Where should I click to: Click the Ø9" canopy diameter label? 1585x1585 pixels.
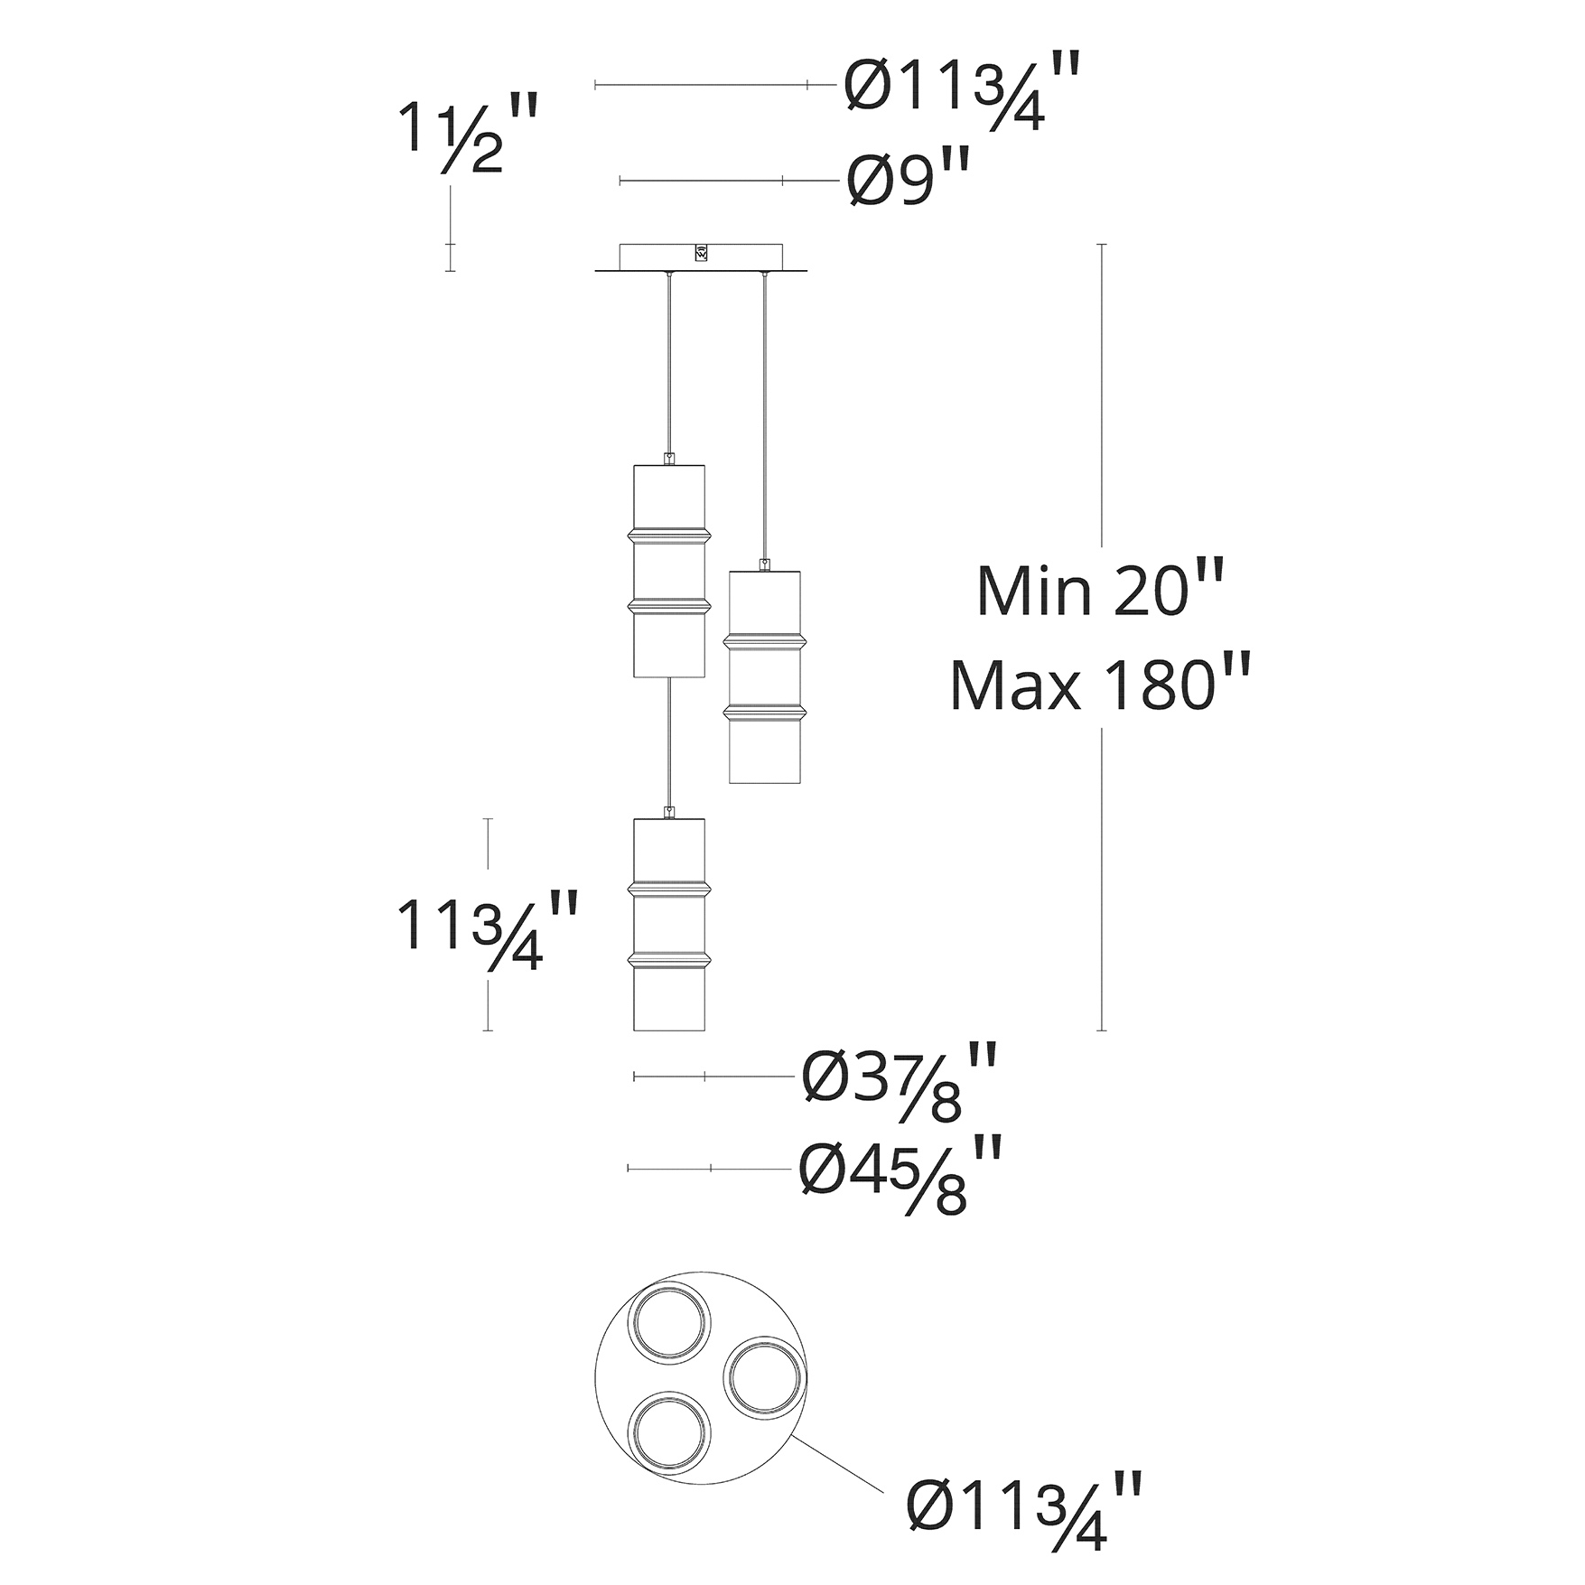point(909,180)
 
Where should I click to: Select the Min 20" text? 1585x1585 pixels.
point(1099,591)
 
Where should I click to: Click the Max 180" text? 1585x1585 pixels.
point(1099,685)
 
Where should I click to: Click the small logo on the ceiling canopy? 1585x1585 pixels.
point(702,253)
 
